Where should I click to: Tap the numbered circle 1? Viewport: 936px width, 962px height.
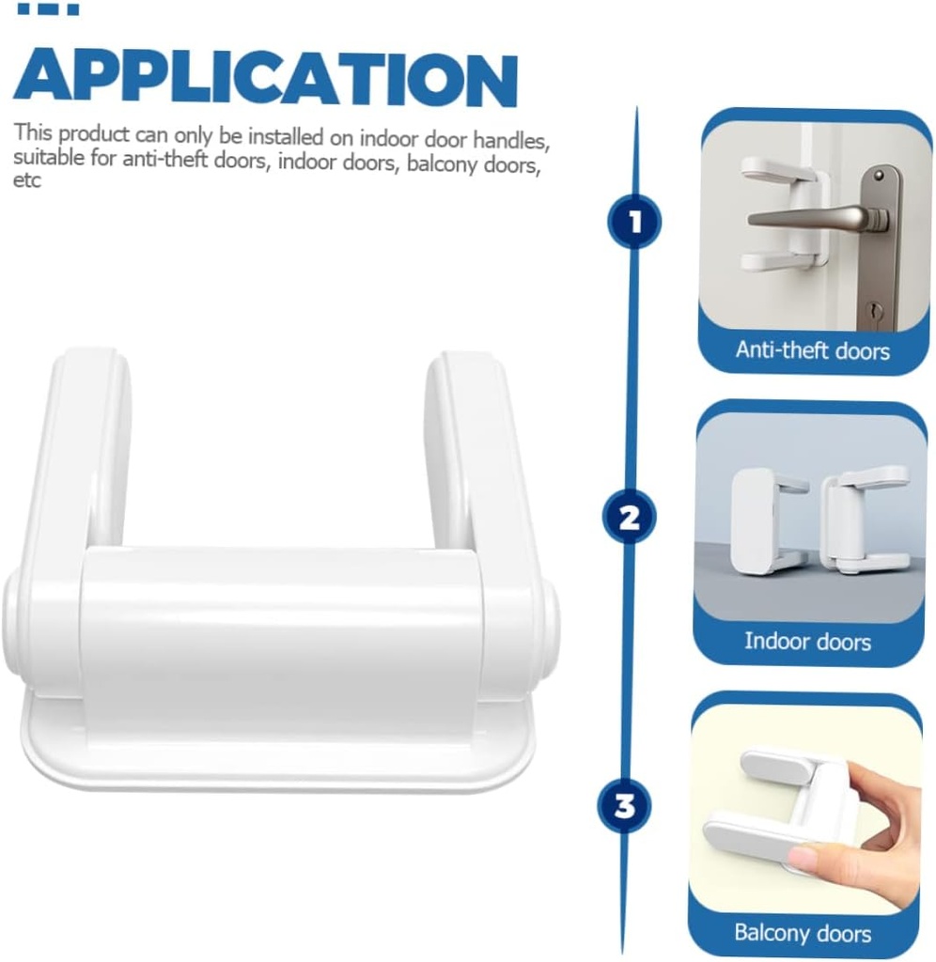click(634, 222)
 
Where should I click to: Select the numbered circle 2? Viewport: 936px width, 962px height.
click(629, 517)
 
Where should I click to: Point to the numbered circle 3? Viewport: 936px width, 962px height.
click(624, 805)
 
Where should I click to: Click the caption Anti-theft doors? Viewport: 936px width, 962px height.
click(813, 350)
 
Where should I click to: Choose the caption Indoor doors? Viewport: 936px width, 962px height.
click(807, 641)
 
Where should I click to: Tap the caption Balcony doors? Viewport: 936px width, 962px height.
click(803, 933)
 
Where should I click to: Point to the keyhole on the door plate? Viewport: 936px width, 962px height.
click(874, 310)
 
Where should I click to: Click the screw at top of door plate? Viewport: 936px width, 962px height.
click(879, 176)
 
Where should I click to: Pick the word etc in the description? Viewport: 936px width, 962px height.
click(27, 180)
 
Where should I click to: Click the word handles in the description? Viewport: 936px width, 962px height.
click(510, 141)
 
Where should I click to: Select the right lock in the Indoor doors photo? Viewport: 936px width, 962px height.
click(866, 520)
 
